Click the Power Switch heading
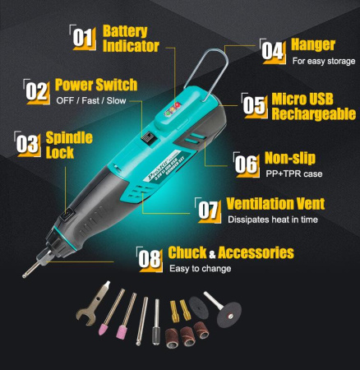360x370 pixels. (95, 85)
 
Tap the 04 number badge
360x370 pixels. (274, 49)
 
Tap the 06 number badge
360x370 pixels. (247, 162)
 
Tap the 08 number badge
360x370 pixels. (150, 258)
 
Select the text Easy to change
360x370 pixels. (200, 268)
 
